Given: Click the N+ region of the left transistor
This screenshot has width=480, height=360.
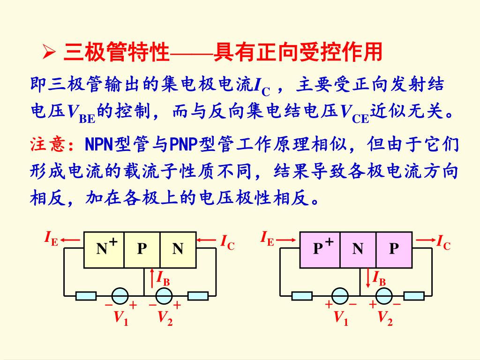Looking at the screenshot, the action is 104,248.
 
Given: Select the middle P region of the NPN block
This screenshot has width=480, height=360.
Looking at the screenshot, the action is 142,248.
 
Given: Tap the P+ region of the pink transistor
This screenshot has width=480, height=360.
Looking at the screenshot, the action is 320,248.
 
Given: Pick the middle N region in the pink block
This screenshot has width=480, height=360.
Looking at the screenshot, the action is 358,248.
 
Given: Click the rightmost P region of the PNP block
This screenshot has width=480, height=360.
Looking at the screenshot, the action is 394,248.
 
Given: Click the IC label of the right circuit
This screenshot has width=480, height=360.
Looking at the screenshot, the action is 443,243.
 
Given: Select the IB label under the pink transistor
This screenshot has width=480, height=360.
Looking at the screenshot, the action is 379,278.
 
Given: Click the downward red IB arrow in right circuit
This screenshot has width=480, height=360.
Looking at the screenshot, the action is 368,277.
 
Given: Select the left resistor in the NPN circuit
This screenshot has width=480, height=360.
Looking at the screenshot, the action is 86,296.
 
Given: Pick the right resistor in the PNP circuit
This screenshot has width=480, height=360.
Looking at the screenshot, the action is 413,296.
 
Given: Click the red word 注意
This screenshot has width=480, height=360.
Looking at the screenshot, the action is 48,144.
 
